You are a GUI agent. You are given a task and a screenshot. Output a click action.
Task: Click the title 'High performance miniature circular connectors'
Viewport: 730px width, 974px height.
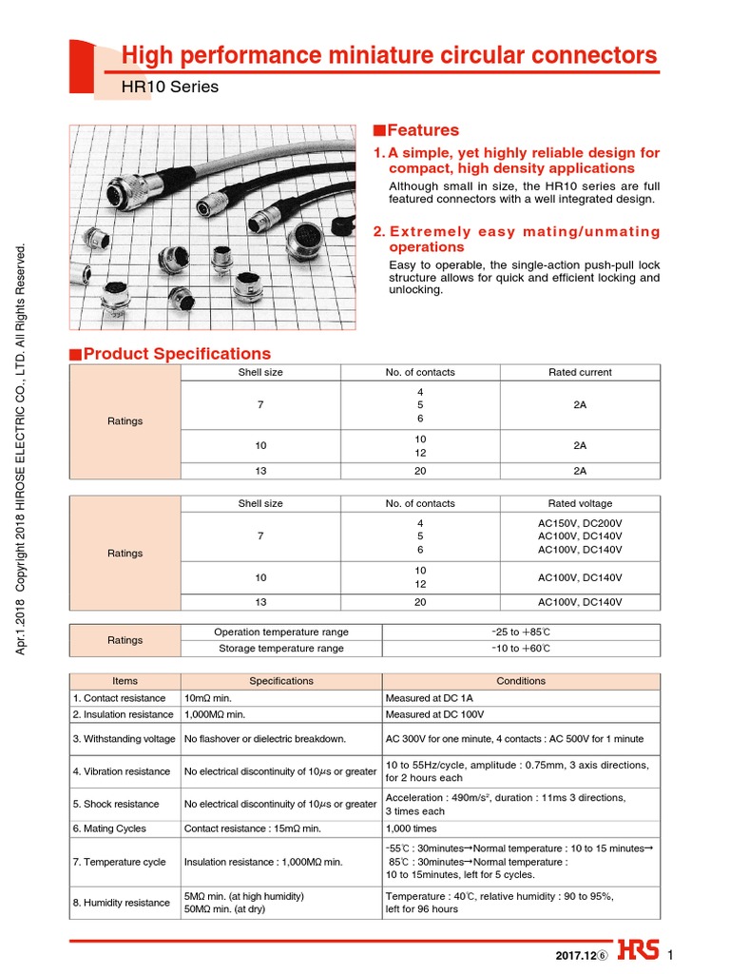pos(389,55)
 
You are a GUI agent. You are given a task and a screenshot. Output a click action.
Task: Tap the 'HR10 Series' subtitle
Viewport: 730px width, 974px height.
pos(170,88)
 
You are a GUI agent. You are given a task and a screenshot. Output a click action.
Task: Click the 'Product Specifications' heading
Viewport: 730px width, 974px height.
pos(177,354)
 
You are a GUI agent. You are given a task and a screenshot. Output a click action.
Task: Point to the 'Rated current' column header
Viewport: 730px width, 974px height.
pos(580,372)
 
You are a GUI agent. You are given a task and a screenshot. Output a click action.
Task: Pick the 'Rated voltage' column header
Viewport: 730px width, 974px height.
pos(580,503)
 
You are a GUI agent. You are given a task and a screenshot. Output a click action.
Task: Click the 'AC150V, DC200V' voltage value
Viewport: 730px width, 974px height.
pos(580,523)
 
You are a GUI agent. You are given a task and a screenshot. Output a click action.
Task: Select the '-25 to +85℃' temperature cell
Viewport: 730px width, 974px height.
pos(520,632)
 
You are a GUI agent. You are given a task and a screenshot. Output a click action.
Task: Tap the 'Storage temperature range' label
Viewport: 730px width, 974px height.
pos(281,649)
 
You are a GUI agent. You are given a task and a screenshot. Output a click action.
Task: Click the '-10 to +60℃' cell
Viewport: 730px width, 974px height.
pos(520,649)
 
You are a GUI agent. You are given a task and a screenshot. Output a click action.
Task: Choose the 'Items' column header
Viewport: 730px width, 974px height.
pos(125,681)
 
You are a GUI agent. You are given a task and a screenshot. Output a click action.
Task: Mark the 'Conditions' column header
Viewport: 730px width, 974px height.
pos(521,681)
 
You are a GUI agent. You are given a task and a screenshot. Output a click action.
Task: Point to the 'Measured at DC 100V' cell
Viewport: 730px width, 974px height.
pos(435,714)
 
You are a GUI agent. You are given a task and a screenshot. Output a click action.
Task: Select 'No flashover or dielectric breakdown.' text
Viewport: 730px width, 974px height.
pos(265,739)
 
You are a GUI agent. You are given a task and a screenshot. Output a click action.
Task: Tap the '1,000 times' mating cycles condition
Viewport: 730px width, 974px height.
pos(413,828)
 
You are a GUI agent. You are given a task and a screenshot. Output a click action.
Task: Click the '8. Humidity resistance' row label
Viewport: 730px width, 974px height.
pos(123,903)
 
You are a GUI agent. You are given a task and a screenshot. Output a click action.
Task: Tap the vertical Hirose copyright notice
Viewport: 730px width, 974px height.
pos(25,447)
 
